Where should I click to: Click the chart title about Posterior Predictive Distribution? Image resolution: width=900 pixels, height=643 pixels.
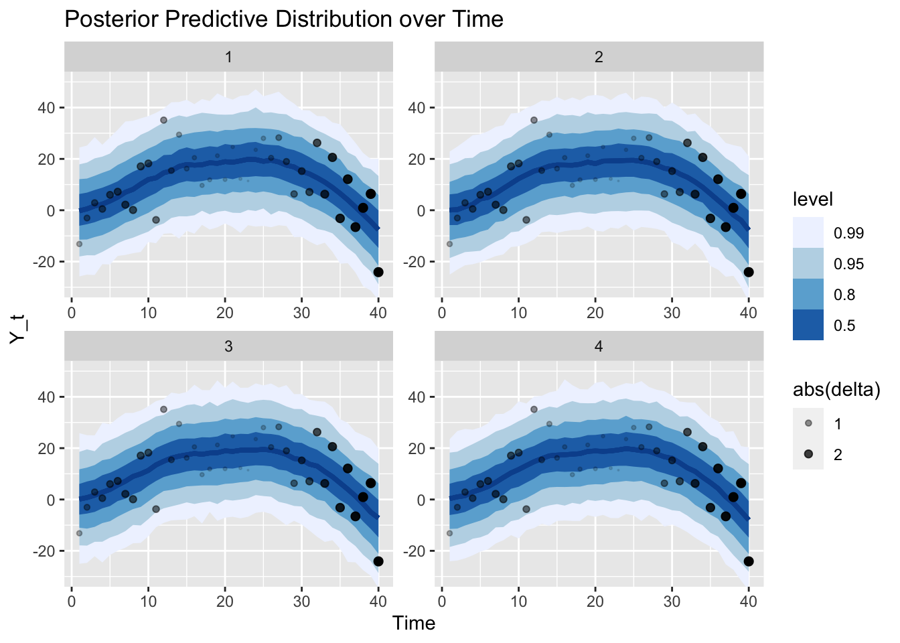[284, 19]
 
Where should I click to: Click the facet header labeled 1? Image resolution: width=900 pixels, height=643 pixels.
[228, 57]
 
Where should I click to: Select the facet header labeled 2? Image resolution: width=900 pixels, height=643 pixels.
[599, 57]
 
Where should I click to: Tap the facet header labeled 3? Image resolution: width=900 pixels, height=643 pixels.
[228, 346]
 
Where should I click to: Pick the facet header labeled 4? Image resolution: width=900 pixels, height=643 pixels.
[599, 346]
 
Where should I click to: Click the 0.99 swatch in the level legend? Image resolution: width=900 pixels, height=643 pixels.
[808, 233]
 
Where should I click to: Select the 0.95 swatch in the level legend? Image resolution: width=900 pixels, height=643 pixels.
[808, 264]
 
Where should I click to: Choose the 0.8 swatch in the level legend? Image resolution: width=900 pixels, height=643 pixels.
[808, 295]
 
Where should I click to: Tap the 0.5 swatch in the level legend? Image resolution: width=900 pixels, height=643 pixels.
[808, 326]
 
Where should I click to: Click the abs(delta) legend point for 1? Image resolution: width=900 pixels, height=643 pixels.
[808, 423]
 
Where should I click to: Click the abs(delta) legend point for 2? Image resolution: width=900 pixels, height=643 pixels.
[808, 454]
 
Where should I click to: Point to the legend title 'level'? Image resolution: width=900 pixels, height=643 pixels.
[812, 199]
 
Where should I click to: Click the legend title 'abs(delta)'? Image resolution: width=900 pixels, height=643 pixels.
[836, 390]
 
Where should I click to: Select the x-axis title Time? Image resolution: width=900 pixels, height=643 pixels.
[414, 624]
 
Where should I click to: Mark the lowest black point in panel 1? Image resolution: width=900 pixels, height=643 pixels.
[378, 272]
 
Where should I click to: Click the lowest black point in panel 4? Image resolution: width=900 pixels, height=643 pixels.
[749, 561]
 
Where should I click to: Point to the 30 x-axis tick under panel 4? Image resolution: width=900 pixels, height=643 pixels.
[672, 601]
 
